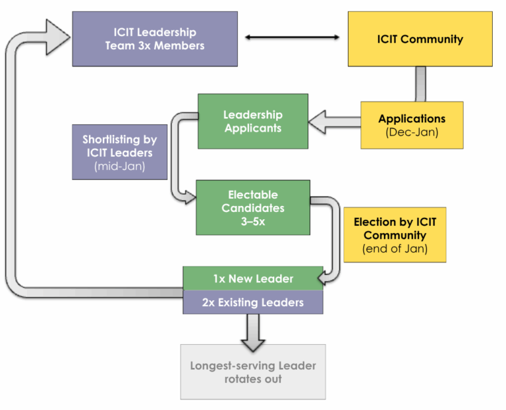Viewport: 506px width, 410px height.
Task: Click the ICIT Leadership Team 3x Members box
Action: (x=155, y=39)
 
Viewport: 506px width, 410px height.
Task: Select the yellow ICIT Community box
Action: (x=420, y=39)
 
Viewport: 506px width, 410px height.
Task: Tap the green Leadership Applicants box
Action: (x=253, y=121)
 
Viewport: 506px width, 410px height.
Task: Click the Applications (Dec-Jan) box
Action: (x=412, y=125)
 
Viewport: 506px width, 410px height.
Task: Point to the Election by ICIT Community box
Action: (x=395, y=235)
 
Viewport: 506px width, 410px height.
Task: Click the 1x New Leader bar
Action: (x=253, y=278)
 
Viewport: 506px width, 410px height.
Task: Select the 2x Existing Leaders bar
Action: (x=253, y=302)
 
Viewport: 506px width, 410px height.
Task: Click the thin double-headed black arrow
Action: (x=293, y=38)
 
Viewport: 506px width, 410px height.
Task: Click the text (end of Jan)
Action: (x=395, y=249)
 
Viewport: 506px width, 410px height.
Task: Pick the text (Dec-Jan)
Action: (x=412, y=132)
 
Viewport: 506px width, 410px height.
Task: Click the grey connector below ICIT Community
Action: (x=420, y=84)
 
